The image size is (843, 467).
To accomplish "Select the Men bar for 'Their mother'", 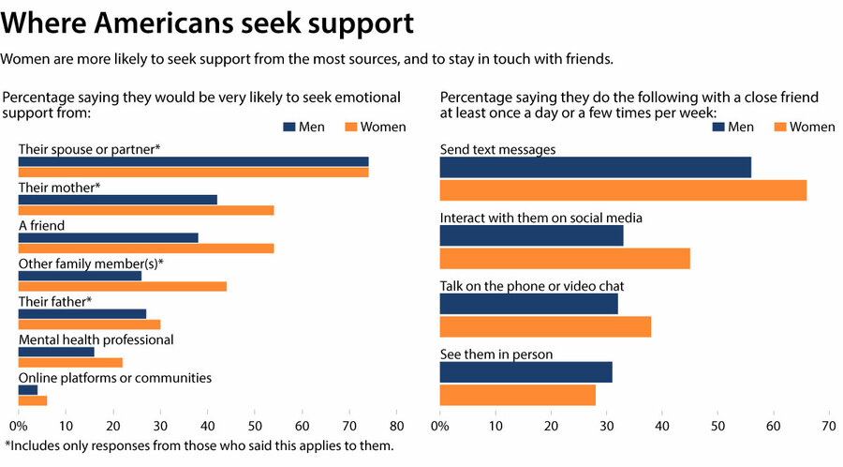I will click(x=118, y=200).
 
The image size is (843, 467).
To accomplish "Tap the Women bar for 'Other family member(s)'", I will click(x=123, y=286).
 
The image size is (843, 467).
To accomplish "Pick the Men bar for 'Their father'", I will click(x=82, y=314).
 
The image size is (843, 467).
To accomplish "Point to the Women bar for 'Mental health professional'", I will click(x=70, y=362).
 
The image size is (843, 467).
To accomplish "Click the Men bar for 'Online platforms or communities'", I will click(x=28, y=390).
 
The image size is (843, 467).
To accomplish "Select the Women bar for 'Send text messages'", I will click(x=623, y=190).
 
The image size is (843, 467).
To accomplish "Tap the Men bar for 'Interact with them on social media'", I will click(x=531, y=235).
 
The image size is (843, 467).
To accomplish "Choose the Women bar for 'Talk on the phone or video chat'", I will click(x=545, y=326).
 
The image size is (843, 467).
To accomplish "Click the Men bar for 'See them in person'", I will click(x=525, y=371).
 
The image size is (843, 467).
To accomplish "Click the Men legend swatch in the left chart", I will click(x=288, y=127).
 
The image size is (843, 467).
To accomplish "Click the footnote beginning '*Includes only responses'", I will click(x=199, y=446).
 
